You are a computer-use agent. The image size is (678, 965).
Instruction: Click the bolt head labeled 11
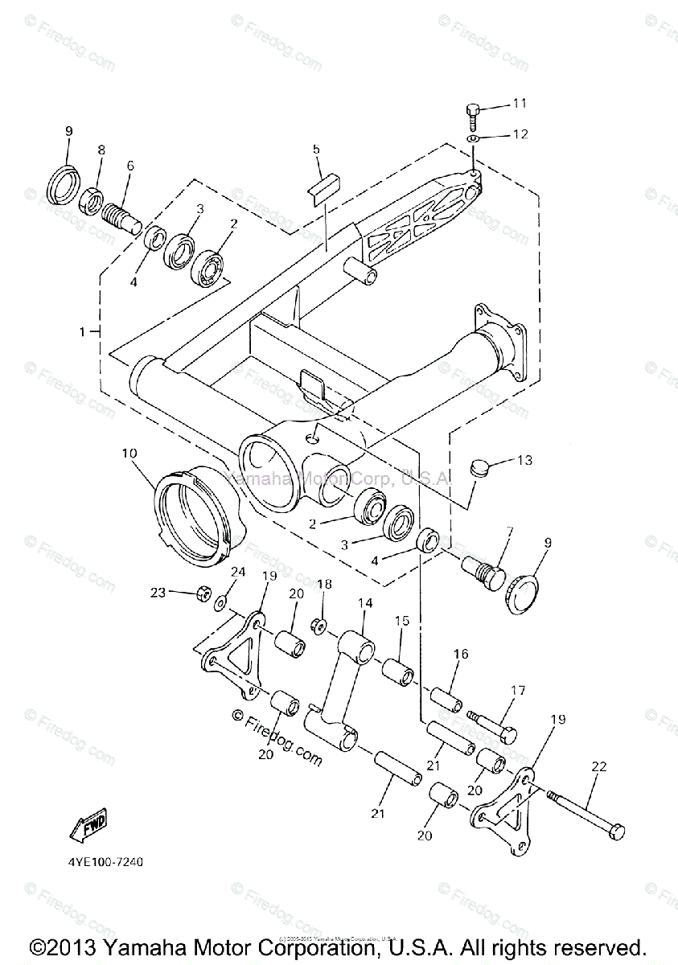click(x=473, y=109)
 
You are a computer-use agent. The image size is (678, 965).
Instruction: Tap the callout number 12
click(x=520, y=134)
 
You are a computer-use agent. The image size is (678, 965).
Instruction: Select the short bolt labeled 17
click(x=491, y=725)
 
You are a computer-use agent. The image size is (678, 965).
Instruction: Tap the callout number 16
click(x=460, y=654)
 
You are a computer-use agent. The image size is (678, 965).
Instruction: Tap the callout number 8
click(x=101, y=150)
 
